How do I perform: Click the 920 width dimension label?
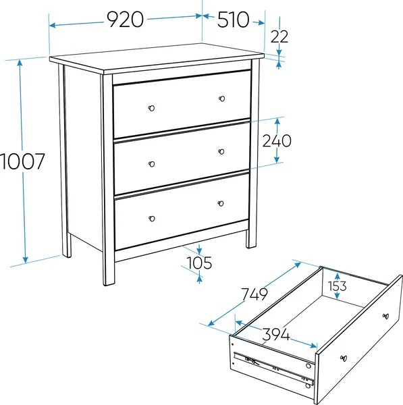pyautogui.click(x=126, y=20)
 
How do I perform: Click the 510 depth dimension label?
pyautogui.click(x=234, y=20)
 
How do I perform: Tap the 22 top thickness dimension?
pyautogui.click(x=279, y=36)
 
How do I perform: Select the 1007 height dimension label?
pyautogui.click(x=22, y=161)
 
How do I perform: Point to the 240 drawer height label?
pyautogui.click(x=277, y=141)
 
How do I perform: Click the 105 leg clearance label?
pyautogui.click(x=199, y=263)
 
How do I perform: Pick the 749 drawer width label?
pyautogui.click(x=254, y=294)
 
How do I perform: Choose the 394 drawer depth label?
pyautogui.click(x=276, y=335)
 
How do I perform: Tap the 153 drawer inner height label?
pyautogui.click(x=337, y=286)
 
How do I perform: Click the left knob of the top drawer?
pyautogui.click(x=151, y=108)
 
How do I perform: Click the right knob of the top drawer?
pyautogui.click(x=222, y=99)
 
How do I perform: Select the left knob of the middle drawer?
pyautogui.click(x=152, y=164)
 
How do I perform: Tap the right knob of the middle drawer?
pyautogui.click(x=221, y=152)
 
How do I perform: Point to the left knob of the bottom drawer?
pyautogui.click(x=152, y=219)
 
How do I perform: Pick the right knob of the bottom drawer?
pyautogui.click(x=221, y=204)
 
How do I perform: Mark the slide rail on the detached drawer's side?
pyautogui.click(x=274, y=367)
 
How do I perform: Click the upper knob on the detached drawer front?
pyautogui.click(x=385, y=316)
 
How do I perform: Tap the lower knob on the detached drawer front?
pyautogui.click(x=344, y=358)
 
